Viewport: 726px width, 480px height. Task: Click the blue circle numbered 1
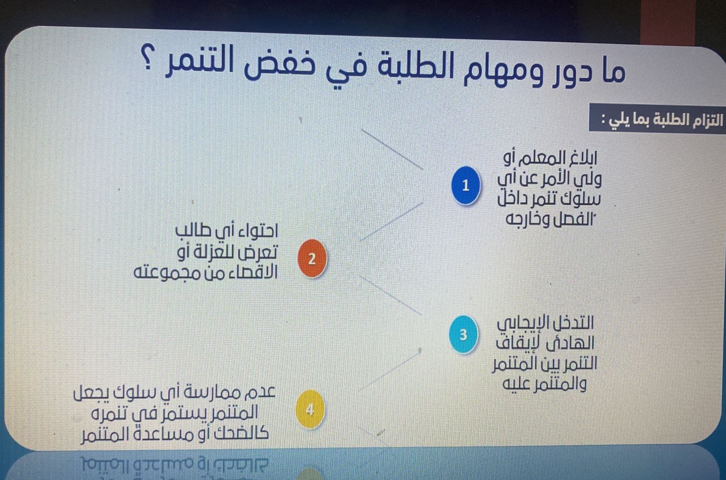[466, 185]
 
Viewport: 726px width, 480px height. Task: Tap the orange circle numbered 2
[312, 258]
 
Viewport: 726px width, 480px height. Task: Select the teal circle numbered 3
[463, 334]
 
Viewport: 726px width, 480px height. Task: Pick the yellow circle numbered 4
[310, 409]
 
